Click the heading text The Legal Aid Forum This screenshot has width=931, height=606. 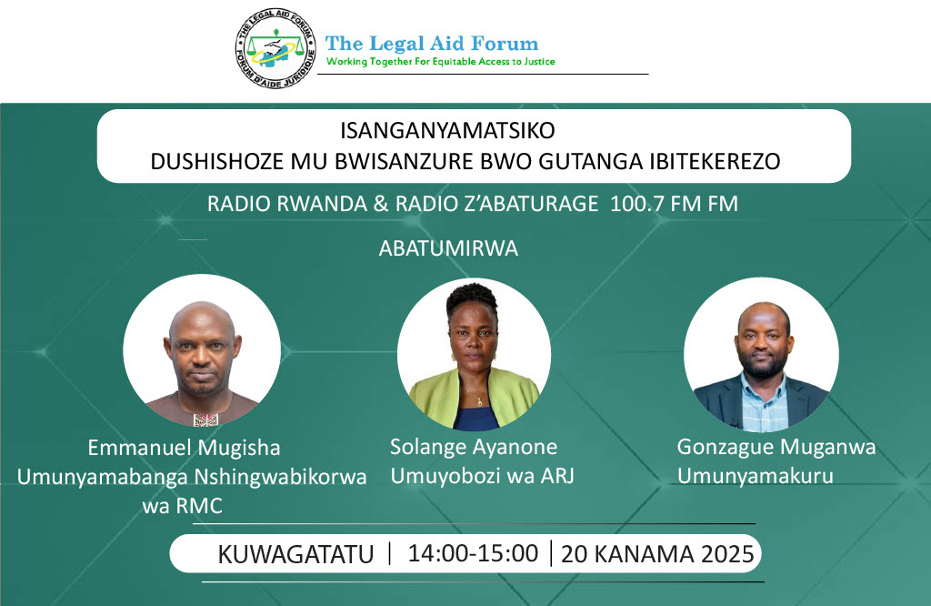(432, 43)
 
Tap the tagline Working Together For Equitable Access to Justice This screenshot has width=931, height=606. (440, 62)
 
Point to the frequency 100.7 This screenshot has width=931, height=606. (641, 204)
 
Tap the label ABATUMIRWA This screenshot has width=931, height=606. (448, 247)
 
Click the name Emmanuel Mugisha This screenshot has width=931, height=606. (184, 448)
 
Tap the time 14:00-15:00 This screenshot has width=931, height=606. (473, 553)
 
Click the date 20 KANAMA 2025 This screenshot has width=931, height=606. (657, 553)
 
